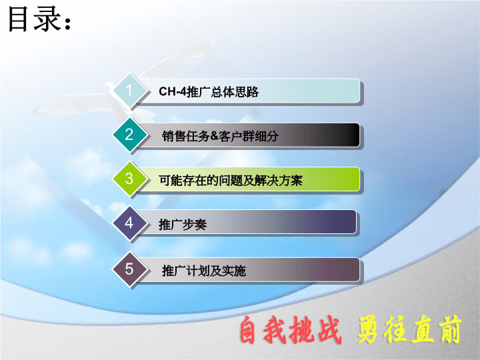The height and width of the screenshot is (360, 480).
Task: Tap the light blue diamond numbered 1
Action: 129,90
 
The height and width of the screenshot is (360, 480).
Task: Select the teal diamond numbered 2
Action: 129,135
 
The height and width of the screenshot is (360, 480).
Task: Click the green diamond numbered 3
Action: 129,179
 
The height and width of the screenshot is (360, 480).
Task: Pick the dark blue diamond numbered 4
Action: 129,223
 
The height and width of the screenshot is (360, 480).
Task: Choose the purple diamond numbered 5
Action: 129,269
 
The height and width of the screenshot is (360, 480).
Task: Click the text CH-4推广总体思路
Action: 209,91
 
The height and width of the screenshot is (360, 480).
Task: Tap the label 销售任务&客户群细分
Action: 220,136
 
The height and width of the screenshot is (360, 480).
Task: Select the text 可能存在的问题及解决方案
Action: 231,180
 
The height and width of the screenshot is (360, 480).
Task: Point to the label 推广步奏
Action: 183,225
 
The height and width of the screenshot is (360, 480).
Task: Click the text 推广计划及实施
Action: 204,271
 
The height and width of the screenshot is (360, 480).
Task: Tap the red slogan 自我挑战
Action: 290,330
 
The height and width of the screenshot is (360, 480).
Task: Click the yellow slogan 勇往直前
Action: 409,329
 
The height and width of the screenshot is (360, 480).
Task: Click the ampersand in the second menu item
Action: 215,136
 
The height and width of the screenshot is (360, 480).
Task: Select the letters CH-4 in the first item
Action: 173,91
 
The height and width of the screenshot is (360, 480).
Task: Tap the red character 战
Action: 329,330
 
